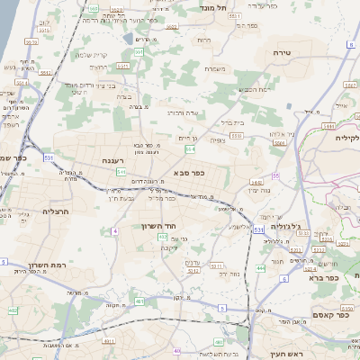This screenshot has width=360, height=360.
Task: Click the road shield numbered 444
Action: tap(260, 268)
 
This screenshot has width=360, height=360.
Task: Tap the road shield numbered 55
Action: tap(275, 175)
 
